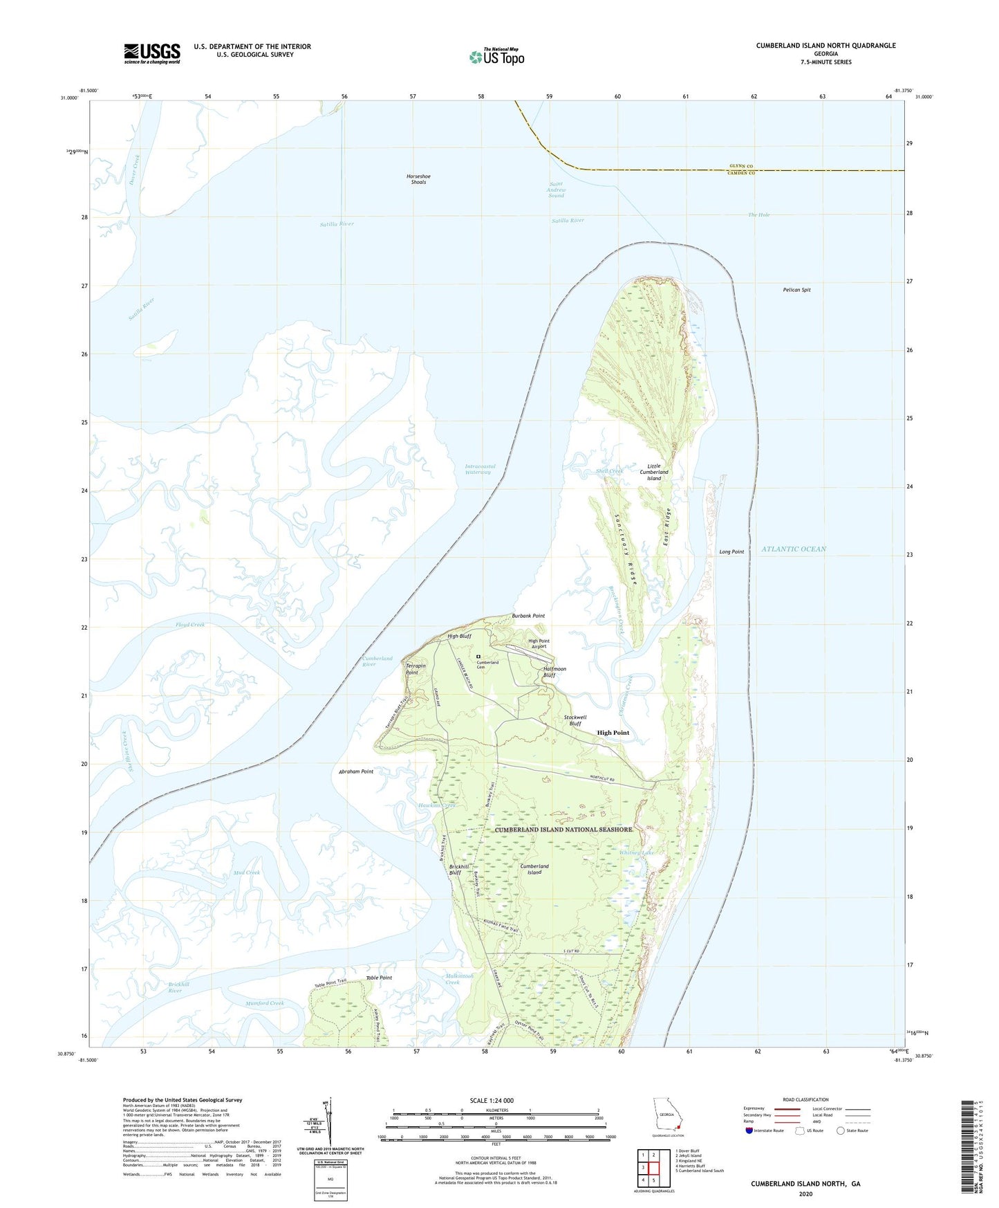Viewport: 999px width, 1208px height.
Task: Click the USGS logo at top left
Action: click(152, 53)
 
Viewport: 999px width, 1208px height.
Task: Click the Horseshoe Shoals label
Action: click(418, 179)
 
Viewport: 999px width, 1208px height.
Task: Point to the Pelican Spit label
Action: click(796, 290)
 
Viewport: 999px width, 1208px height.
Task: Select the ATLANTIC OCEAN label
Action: click(794, 549)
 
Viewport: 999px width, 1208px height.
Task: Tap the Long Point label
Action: click(731, 551)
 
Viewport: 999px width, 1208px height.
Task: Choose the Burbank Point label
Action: click(528, 616)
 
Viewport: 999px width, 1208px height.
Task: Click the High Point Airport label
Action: click(539, 643)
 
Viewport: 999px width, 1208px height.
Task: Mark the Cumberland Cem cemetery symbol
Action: click(478, 657)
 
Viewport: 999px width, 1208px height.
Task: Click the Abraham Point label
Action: click(356, 771)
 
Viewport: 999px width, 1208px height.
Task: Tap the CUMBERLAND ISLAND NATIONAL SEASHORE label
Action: click(563, 829)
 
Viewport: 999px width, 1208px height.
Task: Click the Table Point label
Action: click(379, 978)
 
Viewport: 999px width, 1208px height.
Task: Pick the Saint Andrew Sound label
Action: click(557, 190)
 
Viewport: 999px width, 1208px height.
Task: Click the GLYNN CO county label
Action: click(740, 166)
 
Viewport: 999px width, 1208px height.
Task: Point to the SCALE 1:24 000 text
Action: click(492, 1100)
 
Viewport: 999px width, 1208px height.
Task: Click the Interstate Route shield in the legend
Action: click(749, 1131)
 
